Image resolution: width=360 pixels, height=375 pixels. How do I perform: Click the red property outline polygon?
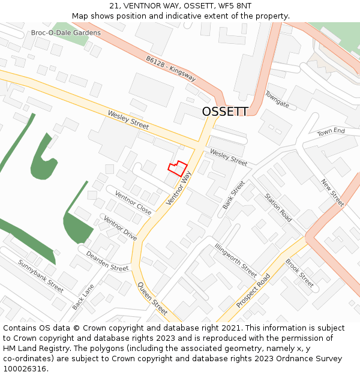pos(178,169)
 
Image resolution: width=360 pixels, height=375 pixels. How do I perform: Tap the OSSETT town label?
pos(225,112)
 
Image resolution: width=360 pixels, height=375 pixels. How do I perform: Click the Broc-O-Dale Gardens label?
pos(66,32)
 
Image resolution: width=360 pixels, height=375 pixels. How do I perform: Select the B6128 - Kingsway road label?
pos(170,68)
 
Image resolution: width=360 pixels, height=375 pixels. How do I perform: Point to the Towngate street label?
pos(277,99)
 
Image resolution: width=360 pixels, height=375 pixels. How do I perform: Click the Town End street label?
pos(331,131)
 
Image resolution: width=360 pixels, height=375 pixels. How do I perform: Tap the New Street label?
pos(332,192)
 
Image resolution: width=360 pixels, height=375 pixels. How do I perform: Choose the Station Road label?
pos(278,208)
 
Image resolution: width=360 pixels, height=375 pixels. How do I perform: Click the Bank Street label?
pos(234,194)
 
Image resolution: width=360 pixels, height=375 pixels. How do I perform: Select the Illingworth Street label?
pos(236,260)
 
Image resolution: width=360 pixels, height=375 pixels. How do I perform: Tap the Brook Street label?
pos(299,272)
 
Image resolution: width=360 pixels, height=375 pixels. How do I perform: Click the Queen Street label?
pos(152,298)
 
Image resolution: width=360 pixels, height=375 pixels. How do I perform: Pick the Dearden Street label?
pos(107,261)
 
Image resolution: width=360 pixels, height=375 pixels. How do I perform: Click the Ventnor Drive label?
pos(121,229)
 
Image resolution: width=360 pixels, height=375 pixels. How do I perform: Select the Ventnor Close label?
pos(133,203)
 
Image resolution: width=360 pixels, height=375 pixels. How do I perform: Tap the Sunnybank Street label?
pos(41,275)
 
